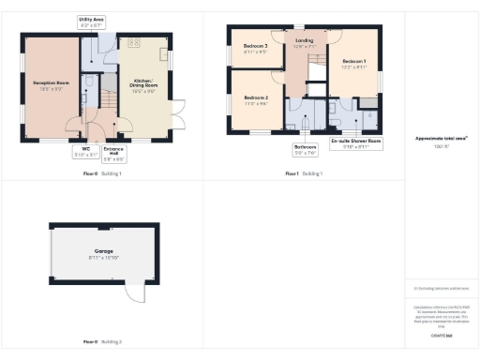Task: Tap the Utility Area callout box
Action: pyautogui.click(x=92, y=21)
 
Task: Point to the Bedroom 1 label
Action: pyautogui.click(x=352, y=64)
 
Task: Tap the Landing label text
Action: pyautogui.click(x=305, y=42)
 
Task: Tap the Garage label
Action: pyautogui.click(x=101, y=254)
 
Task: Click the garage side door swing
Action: pyautogui.click(x=138, y=294)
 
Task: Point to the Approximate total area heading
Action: pyautogui.click(x=442, y=139)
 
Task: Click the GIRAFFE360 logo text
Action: pyautogui.click(x=442, y=336)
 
